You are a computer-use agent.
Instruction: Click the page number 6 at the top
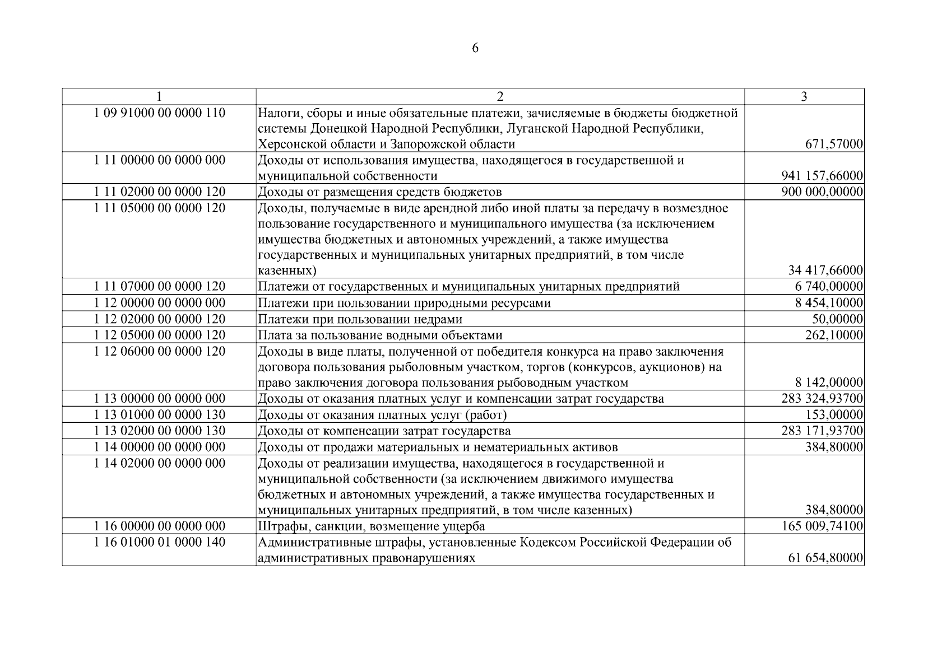click(x=475, y=49)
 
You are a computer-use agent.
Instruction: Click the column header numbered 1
click(x=159, y=96)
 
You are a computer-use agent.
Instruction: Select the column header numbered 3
click(x=804, y=96)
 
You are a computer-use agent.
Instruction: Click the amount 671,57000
click(x=834, y=144)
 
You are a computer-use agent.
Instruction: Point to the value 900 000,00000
click(x=822, y=192)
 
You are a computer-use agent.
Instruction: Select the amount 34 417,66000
click(x=825, y=270)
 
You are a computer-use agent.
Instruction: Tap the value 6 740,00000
click(x=829, y=287)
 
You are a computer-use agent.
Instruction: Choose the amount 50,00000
click(x=838, y=319)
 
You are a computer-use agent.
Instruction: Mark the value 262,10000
click(x=834, y=335)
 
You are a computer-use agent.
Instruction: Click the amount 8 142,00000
click(x=829, y=383)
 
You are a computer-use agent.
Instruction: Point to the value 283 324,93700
click(x=822, y=399)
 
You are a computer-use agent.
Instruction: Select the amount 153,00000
click(x=834, y=415)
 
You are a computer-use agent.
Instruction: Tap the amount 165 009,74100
click(x=822, y=526)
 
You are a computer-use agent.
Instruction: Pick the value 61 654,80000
click(x=825, y=558)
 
